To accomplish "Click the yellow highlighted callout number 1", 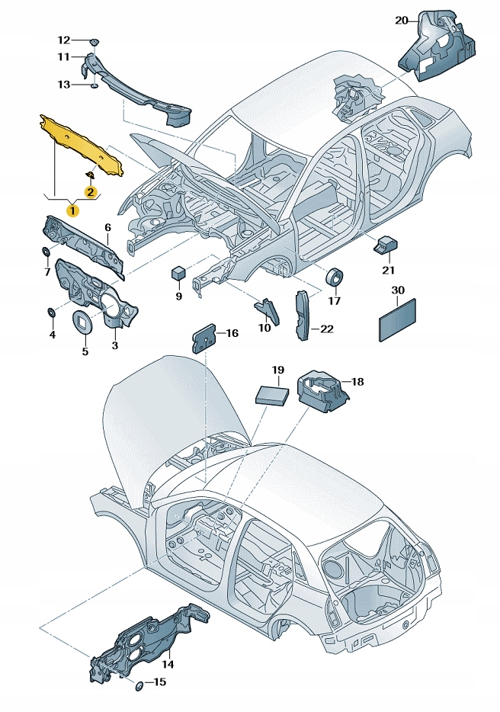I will point(72,207).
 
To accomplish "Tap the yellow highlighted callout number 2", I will point(91,192).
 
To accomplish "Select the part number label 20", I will point(402,21).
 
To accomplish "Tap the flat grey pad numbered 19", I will point(271,393).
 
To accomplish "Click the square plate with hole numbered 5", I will point(82,322).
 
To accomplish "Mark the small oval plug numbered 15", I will point(139,686).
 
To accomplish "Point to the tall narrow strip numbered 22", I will point(302,313).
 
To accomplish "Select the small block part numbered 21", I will point(385,245).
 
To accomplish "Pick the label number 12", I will point(64,40).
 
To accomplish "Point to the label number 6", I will point(107,227).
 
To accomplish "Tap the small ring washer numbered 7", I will point(46,252).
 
